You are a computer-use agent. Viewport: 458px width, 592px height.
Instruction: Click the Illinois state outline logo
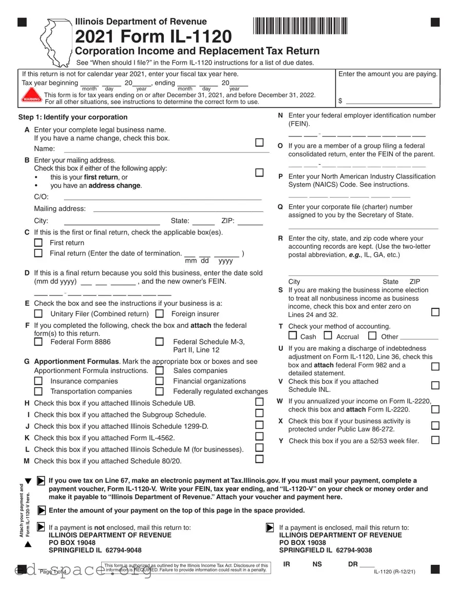[55, 42]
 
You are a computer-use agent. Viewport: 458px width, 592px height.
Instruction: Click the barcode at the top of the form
[300, 26]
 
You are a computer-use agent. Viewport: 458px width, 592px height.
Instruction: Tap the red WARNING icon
[31, 98]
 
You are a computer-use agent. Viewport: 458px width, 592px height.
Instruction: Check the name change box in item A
[260, 142]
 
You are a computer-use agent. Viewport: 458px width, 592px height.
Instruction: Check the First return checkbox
[38, 243]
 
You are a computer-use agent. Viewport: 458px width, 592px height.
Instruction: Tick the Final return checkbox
[38, 253]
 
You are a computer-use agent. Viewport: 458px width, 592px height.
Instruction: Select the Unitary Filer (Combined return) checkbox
[38, 313]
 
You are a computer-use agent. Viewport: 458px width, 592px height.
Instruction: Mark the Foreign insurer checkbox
[159, 313]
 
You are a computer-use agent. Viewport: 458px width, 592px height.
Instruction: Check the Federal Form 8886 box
[38, 342]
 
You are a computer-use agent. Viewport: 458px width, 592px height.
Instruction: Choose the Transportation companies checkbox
[38, 391]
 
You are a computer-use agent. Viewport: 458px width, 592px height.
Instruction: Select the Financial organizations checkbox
[159, 381]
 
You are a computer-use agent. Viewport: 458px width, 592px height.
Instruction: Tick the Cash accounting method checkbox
[293, 336]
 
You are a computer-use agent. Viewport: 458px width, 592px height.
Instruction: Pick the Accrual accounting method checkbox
[328, 336]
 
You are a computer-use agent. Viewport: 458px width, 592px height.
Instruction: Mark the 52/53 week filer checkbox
[435, 440]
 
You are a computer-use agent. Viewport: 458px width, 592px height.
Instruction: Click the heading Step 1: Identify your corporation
[72, 117]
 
